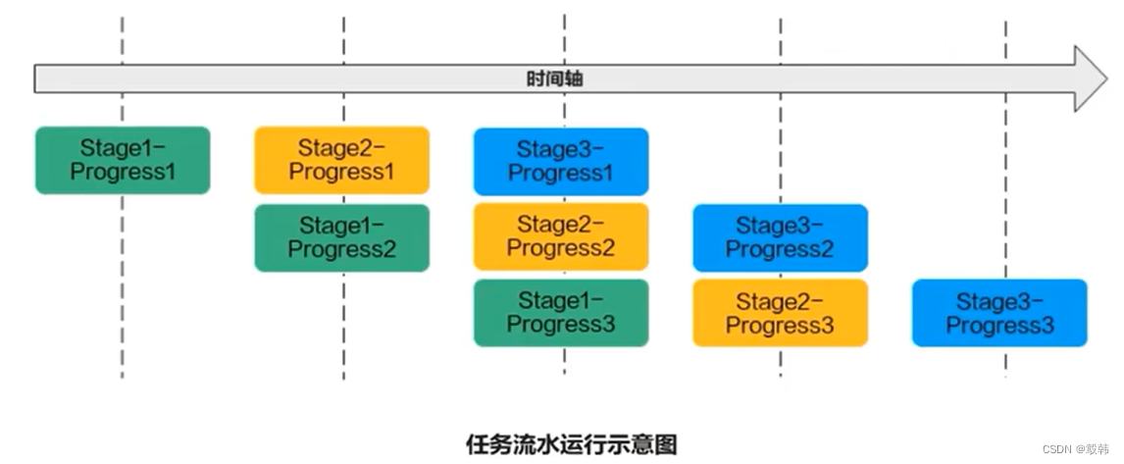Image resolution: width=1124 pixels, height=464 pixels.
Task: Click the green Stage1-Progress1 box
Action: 123,160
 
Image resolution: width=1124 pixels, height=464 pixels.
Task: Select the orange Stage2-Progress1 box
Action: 341,160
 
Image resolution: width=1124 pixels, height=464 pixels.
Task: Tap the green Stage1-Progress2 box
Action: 341,237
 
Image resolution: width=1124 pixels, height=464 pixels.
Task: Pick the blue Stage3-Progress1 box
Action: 561,161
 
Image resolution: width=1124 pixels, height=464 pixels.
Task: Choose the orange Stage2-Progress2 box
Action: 561,236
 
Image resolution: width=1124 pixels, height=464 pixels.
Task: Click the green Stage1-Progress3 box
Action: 561,312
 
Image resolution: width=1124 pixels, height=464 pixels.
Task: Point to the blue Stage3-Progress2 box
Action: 780,237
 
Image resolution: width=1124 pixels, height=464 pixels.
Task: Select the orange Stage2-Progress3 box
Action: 780,313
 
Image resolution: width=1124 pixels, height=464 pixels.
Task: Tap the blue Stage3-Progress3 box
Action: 999,313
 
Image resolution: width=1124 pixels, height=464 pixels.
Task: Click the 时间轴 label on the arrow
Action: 554,78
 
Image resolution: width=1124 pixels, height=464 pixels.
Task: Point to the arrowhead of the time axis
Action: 1089,78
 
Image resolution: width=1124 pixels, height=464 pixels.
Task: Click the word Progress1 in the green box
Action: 123,171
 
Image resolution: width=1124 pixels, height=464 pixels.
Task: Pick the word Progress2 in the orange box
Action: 561,248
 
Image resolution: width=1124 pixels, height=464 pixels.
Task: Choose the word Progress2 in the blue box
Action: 780,249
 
